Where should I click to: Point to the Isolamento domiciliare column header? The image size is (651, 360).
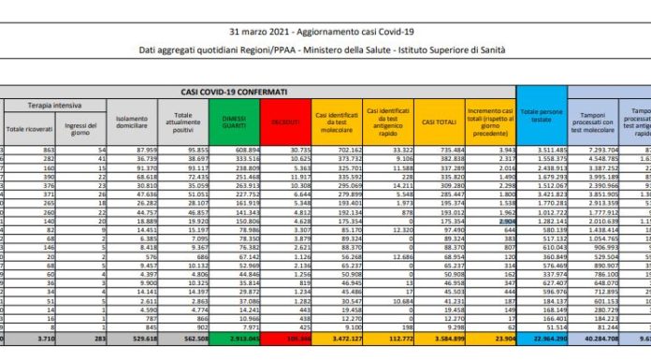(133, 123)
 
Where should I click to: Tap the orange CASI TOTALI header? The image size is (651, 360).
(437, 122)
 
